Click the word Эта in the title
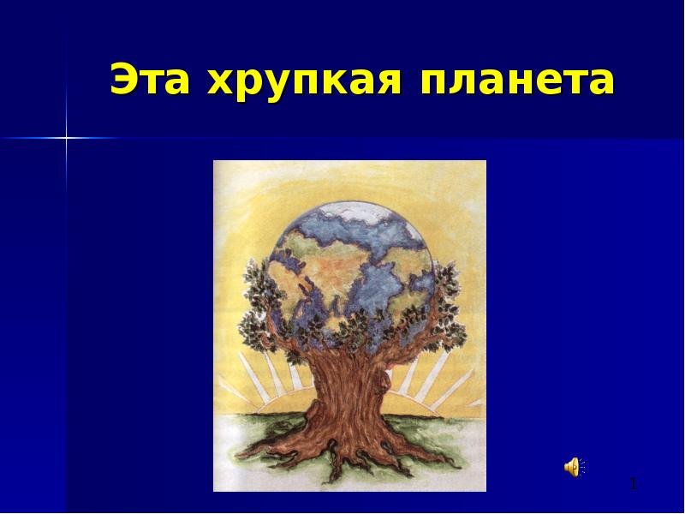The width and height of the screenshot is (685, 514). (150, 79)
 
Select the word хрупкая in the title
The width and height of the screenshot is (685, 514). (305, 82)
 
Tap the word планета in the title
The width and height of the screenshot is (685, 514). (517, 81)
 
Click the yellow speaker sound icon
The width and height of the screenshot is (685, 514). (574, 467)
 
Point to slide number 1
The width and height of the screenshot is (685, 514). (634, 484)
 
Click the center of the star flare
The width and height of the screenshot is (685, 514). (67, 138)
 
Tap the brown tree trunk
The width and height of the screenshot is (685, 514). (349, 393)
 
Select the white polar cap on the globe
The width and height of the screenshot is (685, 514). (358, 213)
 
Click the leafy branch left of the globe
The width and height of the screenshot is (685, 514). (259, 306)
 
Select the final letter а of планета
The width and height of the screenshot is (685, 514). (602, 83)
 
